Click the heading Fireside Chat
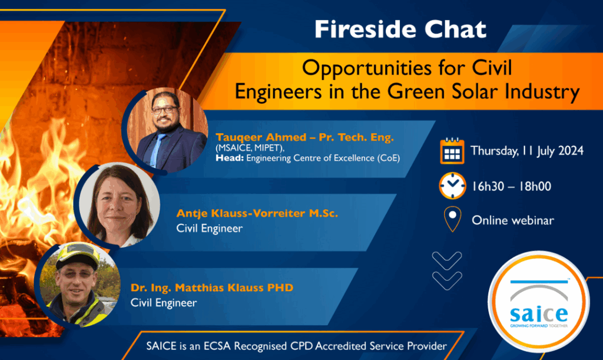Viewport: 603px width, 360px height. (x=400, y=29)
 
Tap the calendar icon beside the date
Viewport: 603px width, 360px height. (x=452, y=151)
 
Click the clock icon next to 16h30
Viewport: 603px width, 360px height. (x=452, y=186)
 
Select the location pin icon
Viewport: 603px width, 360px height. (x=452, y=219)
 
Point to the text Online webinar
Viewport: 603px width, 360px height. (x=513, y=220)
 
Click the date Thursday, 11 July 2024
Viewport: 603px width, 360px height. (x=527, y=151)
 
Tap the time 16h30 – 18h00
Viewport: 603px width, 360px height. (x=512, y=187)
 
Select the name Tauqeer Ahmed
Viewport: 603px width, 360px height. (x=261, y=137)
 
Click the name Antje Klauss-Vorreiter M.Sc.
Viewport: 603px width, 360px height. (x=257, y=213)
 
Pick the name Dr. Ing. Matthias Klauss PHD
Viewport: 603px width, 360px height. (x=212, y=288)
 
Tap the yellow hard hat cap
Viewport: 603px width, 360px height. (x=79, y=255)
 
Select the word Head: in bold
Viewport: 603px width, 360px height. (x=230, y=158)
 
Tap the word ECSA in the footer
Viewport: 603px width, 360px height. (x=217, y=346)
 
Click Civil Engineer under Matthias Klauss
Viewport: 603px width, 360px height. (x=164, y=303)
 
